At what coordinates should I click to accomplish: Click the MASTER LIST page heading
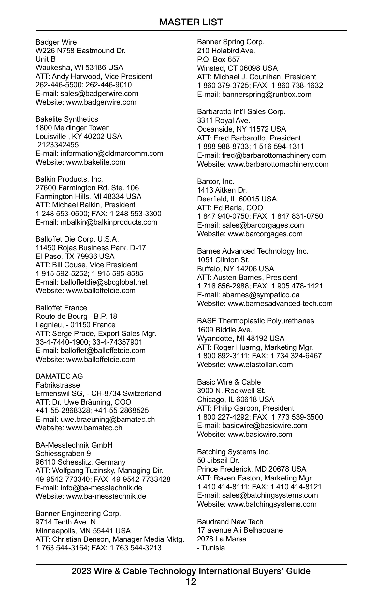191,22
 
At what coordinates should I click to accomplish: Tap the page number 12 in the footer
191,582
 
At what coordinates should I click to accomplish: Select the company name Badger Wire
56,42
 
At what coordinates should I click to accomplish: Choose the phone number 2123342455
58,145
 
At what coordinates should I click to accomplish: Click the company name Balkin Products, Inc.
69,179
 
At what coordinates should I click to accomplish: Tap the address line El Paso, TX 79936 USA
75,256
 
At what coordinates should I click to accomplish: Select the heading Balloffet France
61,308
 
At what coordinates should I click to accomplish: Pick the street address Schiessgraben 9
63,453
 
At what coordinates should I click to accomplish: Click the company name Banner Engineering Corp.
78,513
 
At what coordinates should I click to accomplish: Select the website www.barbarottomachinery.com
278,164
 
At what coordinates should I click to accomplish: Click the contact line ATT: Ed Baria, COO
230,208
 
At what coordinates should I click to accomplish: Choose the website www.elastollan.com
260,364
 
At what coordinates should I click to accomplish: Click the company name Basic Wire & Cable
229,382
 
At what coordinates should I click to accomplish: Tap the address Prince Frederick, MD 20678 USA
252,469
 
